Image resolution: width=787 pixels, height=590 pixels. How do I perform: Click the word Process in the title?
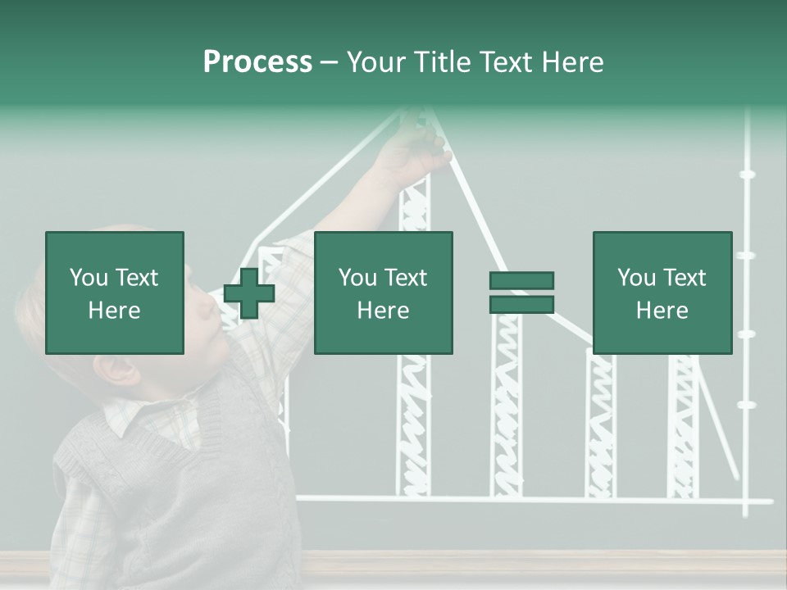pos(257,62)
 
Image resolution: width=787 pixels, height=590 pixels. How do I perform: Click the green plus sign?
pos(249,293)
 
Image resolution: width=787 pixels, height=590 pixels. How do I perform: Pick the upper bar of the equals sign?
pos(521,280)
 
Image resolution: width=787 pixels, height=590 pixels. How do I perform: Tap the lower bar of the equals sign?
pos(521,305)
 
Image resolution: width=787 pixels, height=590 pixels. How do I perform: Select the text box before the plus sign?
pos(115,293)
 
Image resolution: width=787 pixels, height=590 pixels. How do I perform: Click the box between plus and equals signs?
pos(384,293)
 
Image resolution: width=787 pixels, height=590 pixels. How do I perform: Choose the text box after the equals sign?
pos(662,293)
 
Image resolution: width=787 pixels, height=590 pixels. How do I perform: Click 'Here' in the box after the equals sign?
pos(662,310)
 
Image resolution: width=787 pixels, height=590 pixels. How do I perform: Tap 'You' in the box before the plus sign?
pos(89,278)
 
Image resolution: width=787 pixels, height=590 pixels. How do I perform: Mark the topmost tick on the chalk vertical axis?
pos(747,174)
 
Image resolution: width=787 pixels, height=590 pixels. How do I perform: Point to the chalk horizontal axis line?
pos(533,499)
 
